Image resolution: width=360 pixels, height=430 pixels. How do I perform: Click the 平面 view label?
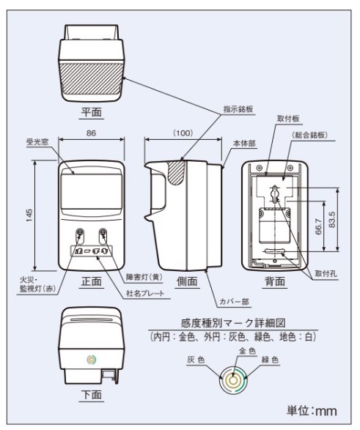92,112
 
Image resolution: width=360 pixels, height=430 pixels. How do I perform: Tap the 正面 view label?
92,281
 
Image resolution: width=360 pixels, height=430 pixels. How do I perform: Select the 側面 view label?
187,281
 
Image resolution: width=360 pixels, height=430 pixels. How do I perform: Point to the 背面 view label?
275,281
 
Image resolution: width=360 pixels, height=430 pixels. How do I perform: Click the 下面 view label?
92,395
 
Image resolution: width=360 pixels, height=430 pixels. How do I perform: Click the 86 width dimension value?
92,133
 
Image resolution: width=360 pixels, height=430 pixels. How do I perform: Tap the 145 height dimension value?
29,215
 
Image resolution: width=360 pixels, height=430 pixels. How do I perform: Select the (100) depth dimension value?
183,133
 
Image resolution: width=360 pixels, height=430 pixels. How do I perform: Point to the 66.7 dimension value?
318,226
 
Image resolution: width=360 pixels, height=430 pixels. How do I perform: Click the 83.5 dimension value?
331,219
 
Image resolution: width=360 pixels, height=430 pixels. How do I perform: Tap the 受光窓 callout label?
37,142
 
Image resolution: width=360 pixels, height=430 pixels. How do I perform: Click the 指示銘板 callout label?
238,109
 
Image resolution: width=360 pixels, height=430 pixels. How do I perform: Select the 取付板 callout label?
288,119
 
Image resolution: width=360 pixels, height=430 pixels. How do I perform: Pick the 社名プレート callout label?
145,293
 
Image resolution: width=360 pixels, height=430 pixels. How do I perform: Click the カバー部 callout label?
234,302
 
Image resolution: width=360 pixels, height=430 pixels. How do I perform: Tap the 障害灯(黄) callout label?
144,277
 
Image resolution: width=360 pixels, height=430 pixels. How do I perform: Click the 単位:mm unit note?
312,410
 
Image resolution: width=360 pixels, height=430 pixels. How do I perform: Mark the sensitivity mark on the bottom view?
92,360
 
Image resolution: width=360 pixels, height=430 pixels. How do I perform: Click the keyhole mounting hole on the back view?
275,193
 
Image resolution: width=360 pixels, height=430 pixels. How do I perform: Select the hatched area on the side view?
176,171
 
